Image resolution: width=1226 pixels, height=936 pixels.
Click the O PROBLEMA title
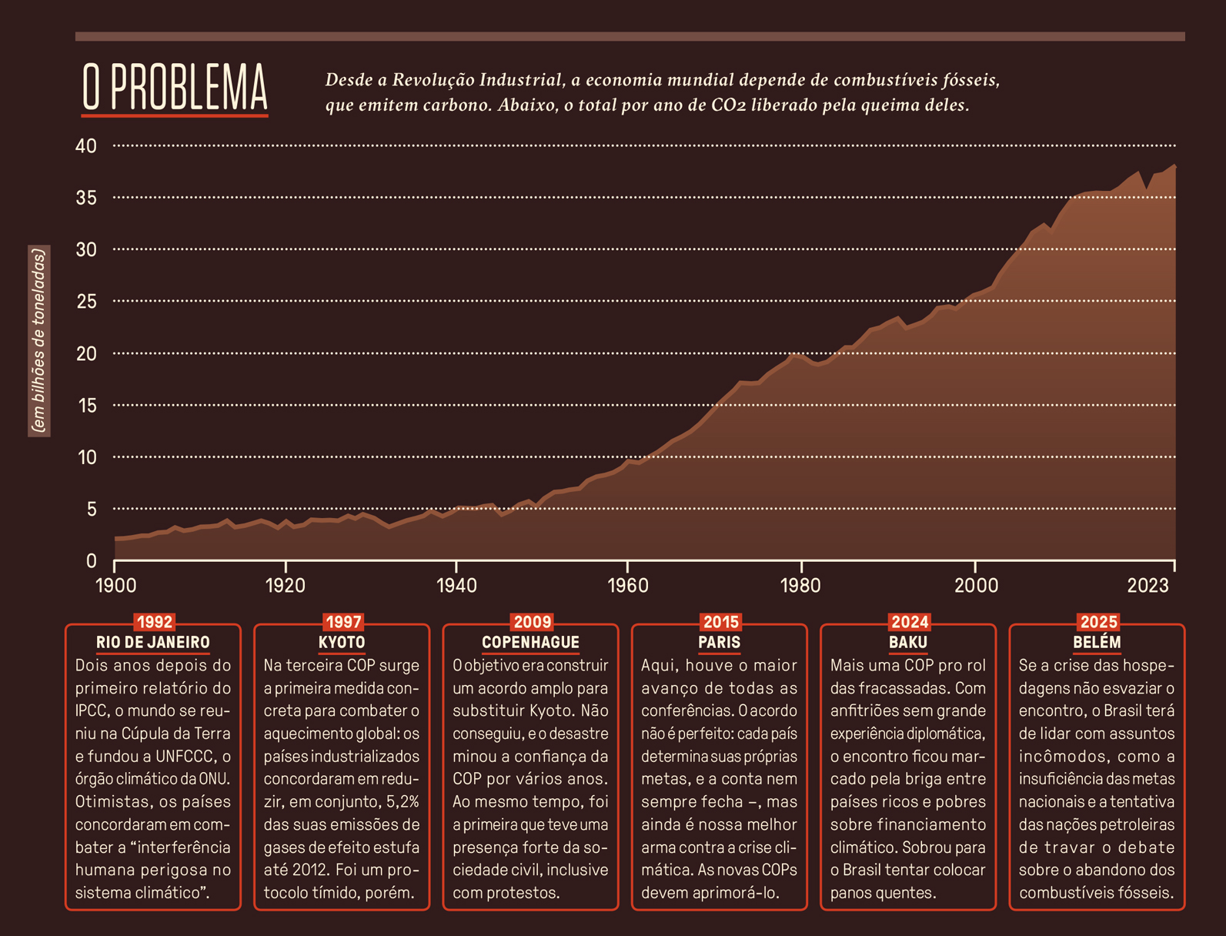[x=175, y=88]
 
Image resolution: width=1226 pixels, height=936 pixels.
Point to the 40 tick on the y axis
[x=86, y=145]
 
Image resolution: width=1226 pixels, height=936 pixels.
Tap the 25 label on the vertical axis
[x=86, y=302]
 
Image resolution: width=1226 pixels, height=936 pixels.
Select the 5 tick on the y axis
[x=91, y=509]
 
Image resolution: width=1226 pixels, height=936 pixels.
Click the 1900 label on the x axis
[x=115, y=586]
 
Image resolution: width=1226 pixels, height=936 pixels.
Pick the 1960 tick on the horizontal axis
[x=628, y=586]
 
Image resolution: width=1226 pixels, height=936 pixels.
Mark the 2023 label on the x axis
[x=1147, y=586]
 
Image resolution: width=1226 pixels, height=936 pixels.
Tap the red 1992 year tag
[x=154, y=622]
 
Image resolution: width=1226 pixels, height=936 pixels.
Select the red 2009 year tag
[x=532, y=622]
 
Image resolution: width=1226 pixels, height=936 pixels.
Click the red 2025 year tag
[x=1098, y=622]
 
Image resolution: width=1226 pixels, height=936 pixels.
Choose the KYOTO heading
[x=342, y=642]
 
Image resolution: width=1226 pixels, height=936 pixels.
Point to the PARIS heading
[x=720, y=642]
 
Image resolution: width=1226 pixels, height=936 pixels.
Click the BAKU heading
[x=908, y=642]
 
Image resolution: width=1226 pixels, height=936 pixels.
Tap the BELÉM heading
[x=1097, y=642]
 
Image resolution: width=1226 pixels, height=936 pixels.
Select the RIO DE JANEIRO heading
[x=153, y=642]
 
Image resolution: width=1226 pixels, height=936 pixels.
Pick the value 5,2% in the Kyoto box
[x=403, y=802]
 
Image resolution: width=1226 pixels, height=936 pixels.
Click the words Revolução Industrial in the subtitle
[x=477, y=80]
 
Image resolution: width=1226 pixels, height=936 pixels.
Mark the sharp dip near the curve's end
[x=1147, y=187]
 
